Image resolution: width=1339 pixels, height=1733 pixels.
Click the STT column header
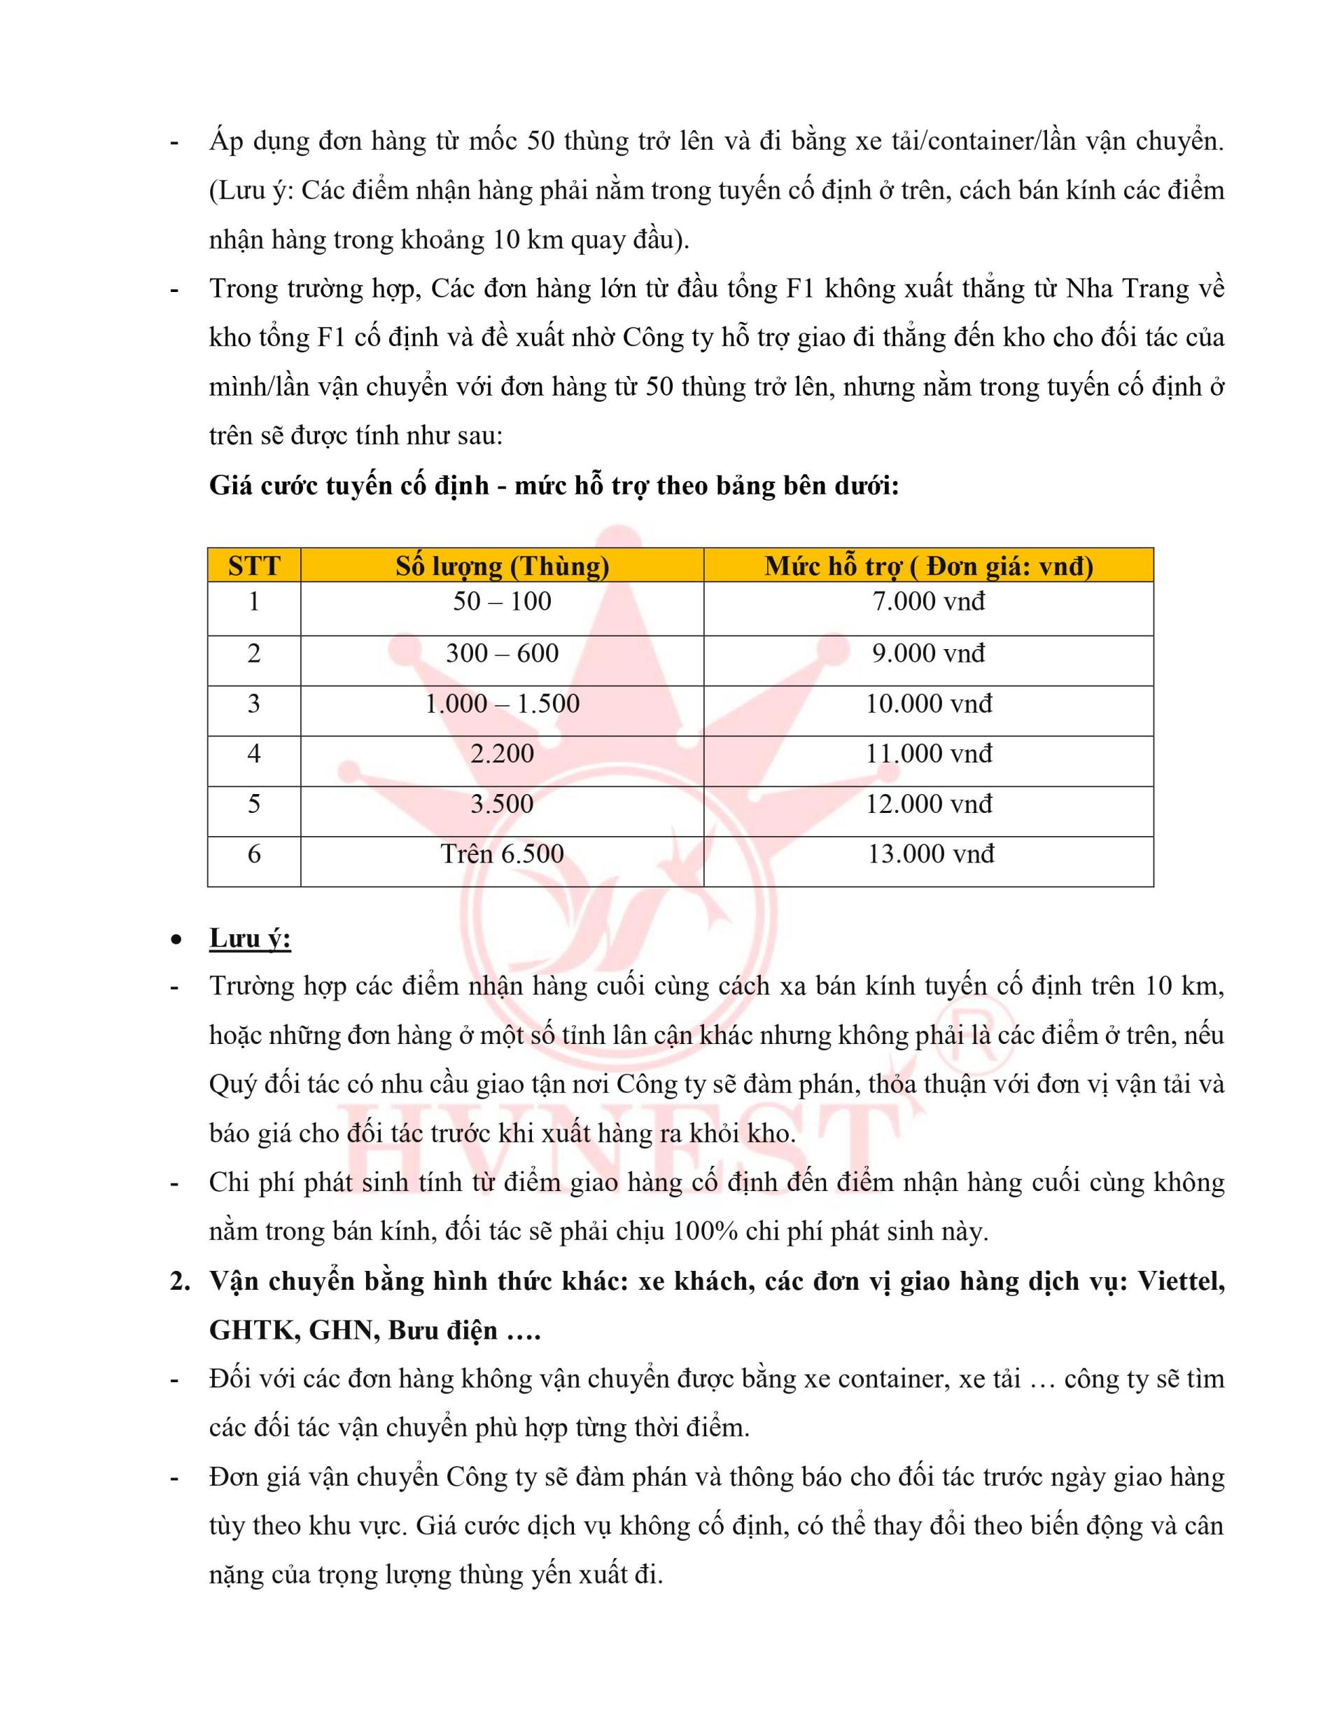(254, 566)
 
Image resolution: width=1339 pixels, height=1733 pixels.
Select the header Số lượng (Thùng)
(502, 566)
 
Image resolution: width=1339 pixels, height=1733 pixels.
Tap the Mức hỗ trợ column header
(928, 566)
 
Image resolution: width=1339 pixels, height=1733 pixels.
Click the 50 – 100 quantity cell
(502, 601)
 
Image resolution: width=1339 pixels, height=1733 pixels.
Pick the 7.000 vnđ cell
(928, 601)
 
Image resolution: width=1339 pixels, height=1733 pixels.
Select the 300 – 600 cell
(502, 653)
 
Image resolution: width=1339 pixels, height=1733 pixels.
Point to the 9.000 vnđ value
(928, 653)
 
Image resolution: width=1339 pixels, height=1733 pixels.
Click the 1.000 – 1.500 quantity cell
(502, 704)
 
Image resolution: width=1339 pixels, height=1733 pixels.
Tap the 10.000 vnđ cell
(928, 704)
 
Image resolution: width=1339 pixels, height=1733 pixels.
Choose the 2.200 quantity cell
(502, 754)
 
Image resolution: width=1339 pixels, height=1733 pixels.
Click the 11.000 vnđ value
(928, 754)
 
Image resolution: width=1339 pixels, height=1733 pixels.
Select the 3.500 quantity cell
(502, 804)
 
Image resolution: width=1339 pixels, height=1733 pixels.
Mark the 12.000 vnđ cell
(928, 804)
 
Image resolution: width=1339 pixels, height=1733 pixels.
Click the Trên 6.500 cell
(502, 854)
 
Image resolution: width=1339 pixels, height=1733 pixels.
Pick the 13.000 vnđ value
(930, 854)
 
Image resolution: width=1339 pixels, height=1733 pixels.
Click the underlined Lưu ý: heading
(250, 939)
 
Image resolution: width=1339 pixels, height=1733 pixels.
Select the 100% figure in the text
(703, 1232)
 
